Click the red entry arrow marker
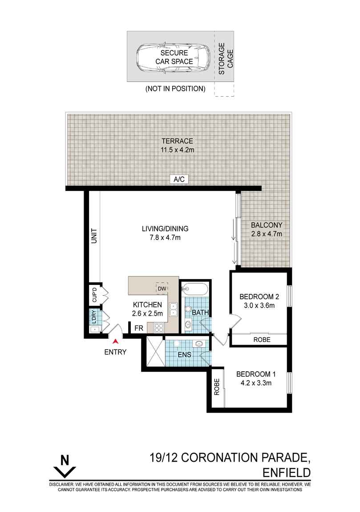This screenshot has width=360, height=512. (x=115, y=341)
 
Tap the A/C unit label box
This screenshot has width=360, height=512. (x=179, y=179)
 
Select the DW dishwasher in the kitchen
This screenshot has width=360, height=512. (x=162, y=289)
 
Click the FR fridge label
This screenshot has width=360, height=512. (x=139, y=328)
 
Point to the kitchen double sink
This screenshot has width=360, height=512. (x=173, y=309)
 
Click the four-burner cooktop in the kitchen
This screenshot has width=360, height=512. (x=158, y=328)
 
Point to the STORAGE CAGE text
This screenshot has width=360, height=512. (x=226, y=59)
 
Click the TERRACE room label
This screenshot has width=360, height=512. (x=177, y=141)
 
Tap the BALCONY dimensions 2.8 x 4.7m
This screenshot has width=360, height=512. (x=267, y=234)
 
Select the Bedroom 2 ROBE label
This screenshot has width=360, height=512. (x=262, y=340)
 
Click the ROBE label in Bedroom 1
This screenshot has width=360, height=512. (x=217, y=387)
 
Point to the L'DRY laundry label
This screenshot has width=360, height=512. (x=94, y=317)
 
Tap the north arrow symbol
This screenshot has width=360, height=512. (x=65, y=467)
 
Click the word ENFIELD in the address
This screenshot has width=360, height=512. (x=287, y=472)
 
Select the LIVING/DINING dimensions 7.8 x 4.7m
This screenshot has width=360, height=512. (x=165, y=237)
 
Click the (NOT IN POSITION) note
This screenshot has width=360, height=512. (x=175, y=89)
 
